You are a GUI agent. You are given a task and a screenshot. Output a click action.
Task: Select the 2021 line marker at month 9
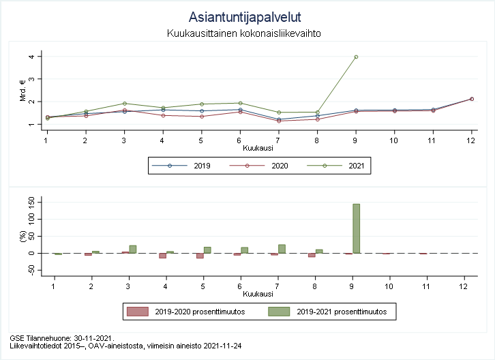356,57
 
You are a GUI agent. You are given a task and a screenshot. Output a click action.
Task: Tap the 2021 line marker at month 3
124,104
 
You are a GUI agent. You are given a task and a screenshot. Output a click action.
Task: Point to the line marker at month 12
471,99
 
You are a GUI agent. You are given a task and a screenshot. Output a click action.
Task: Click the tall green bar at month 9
356,228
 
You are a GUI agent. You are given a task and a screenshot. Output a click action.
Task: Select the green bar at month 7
282,249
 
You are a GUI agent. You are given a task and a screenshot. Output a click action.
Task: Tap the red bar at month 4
163,256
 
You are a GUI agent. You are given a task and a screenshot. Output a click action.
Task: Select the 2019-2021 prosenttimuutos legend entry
338,312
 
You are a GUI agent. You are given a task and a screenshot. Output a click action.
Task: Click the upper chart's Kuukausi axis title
258,148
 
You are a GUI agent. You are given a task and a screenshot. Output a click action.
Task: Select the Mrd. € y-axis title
22,91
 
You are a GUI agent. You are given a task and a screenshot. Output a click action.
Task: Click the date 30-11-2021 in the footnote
91,337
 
